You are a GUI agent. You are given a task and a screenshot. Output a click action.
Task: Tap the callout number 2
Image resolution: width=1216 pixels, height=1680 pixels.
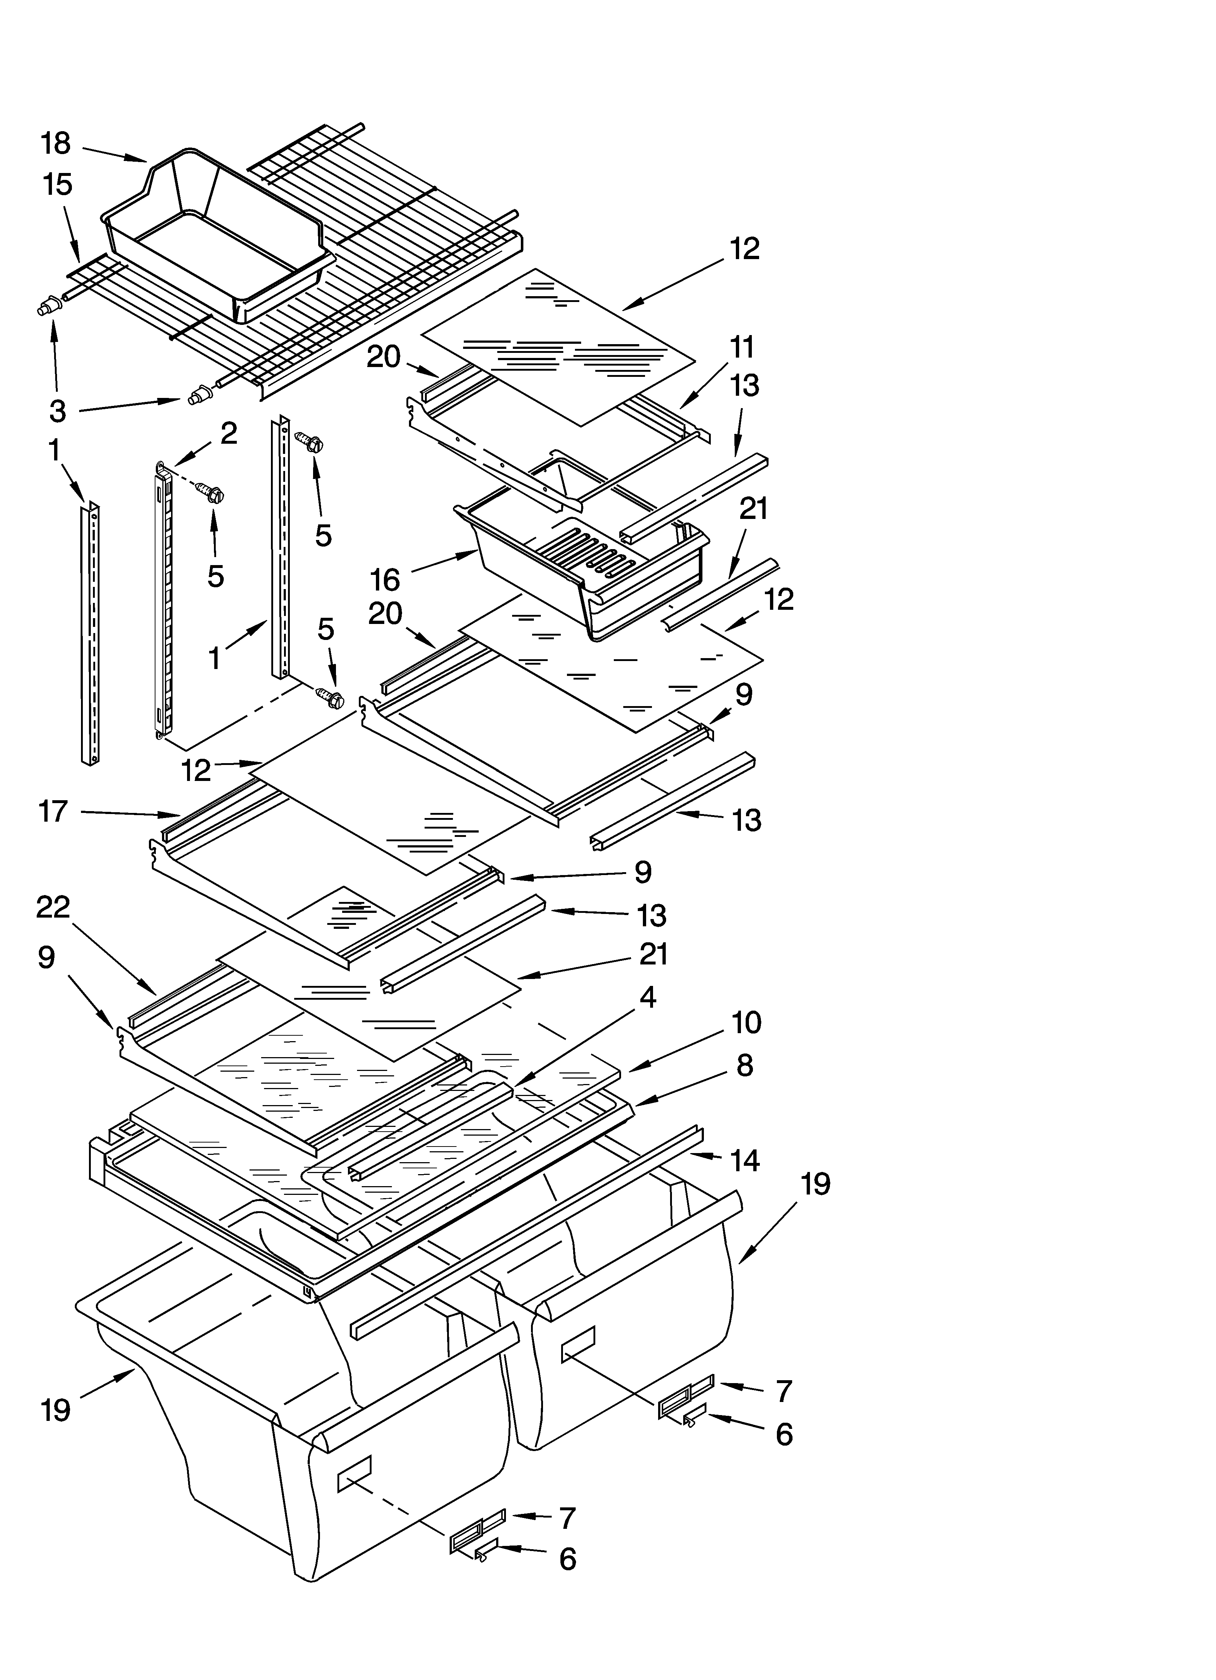[229, 433]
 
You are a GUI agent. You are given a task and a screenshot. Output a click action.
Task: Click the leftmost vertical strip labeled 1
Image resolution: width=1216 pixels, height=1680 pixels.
[90, 633]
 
